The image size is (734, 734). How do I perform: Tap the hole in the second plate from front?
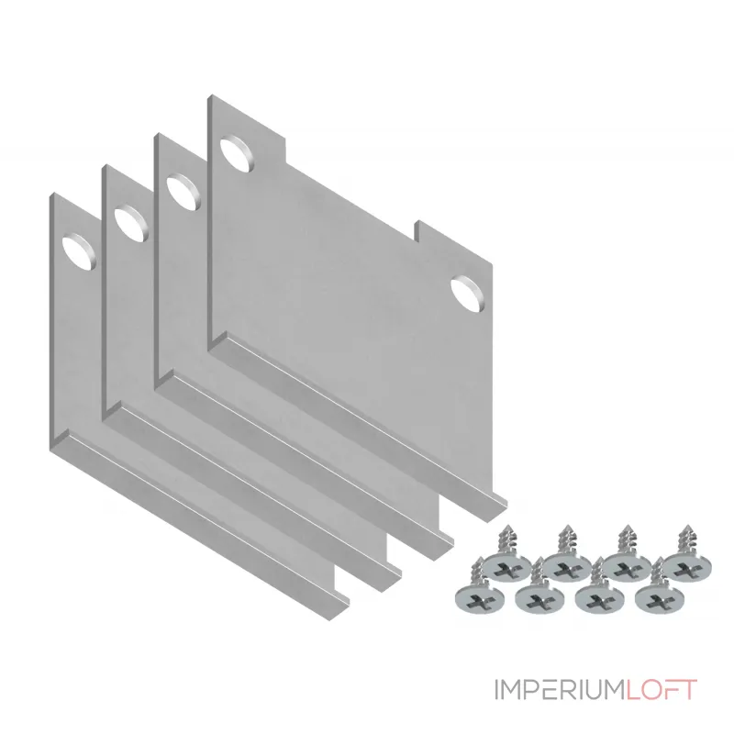click(131, 223)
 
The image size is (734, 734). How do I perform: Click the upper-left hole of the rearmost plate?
click(239, 154)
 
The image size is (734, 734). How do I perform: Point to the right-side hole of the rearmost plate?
click(467, 295)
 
